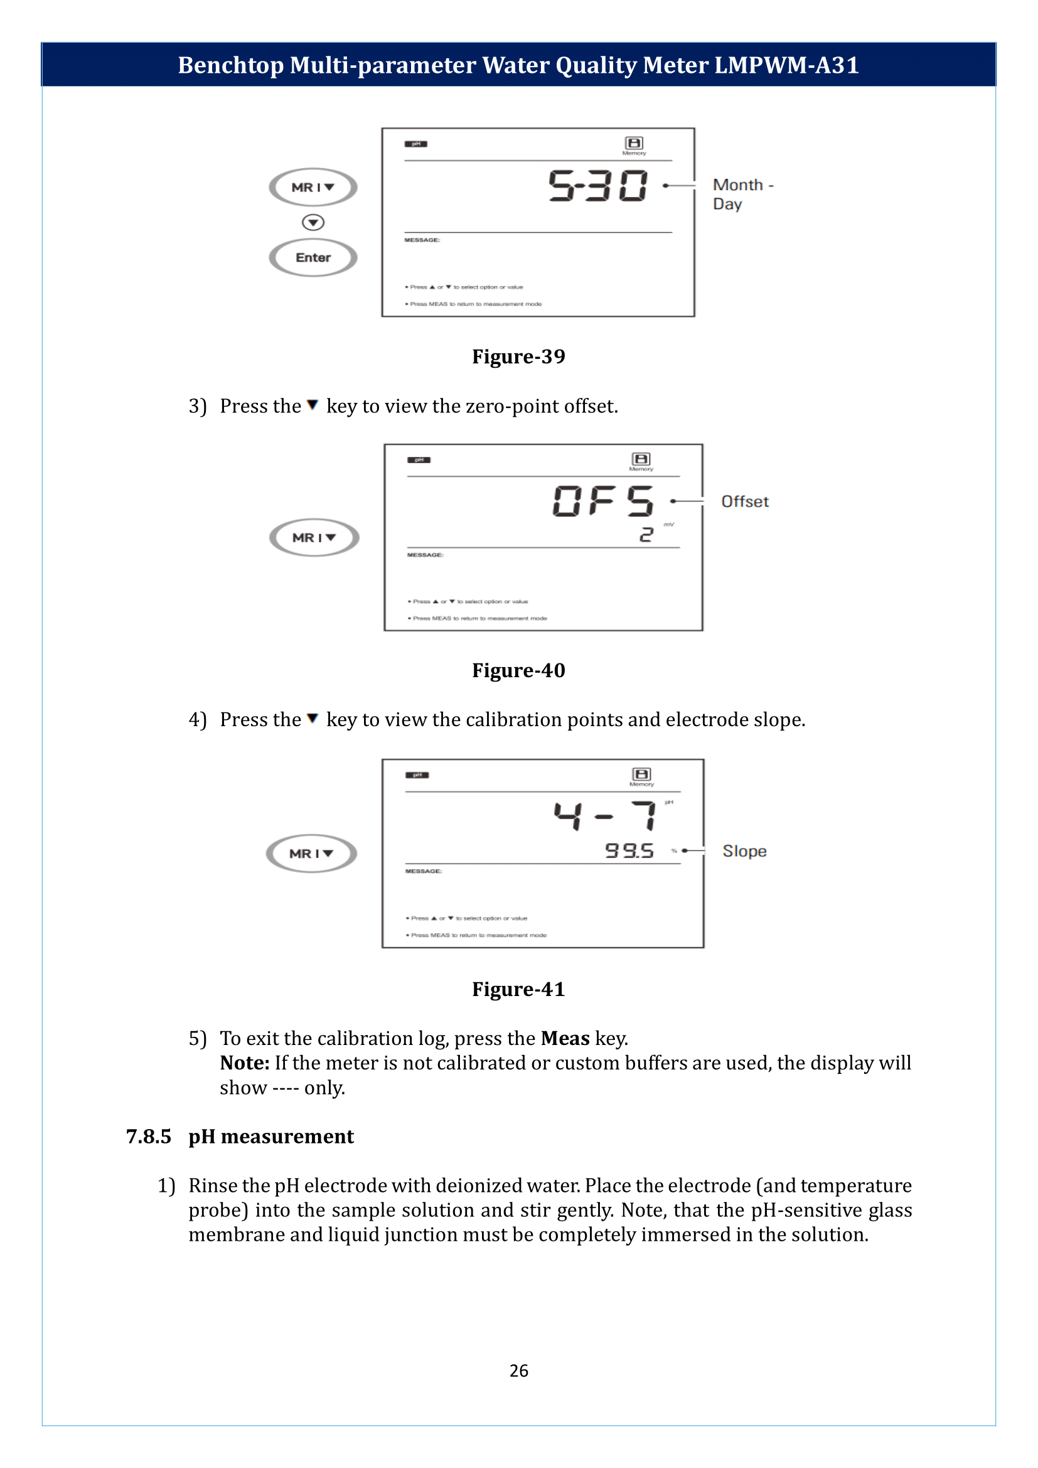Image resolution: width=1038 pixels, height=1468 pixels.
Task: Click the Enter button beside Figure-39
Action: tap(313, 258)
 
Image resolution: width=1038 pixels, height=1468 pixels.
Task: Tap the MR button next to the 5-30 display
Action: tap(313, 187)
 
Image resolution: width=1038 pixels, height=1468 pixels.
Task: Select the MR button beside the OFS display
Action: tap(314, 538)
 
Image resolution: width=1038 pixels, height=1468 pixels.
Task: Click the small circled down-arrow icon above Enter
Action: tap(313, 223)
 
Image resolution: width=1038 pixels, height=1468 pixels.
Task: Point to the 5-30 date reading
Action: tap(598, 186)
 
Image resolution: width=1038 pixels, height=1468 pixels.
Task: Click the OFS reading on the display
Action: tap(602, 501)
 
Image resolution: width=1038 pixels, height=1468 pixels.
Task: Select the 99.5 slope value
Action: tap(629, 851)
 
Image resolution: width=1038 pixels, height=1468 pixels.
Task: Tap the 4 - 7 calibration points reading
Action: tap(604, 816)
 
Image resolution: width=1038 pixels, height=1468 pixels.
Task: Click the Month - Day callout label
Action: tap(742, 195)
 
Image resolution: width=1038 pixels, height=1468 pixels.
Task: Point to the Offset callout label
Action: tap(745, 502)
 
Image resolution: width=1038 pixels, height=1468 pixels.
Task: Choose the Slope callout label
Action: tap(745, 852)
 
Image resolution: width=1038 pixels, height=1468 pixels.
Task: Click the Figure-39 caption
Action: tap(518, 356)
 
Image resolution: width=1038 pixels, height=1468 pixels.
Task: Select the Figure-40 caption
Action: tap(518, 671)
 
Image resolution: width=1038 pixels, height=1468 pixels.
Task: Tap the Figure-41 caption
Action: tap(518, 990)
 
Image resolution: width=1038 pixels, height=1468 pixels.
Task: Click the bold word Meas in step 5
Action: tap(565, 1039)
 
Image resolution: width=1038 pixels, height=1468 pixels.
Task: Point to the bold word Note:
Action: tap(245, 1063)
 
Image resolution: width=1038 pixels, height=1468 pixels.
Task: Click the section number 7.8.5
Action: tap(148, 1137)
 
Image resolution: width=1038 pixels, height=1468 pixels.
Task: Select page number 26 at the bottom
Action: tap(518, 1371)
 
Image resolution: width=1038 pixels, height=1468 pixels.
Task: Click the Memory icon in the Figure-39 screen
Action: tap(634, 143)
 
